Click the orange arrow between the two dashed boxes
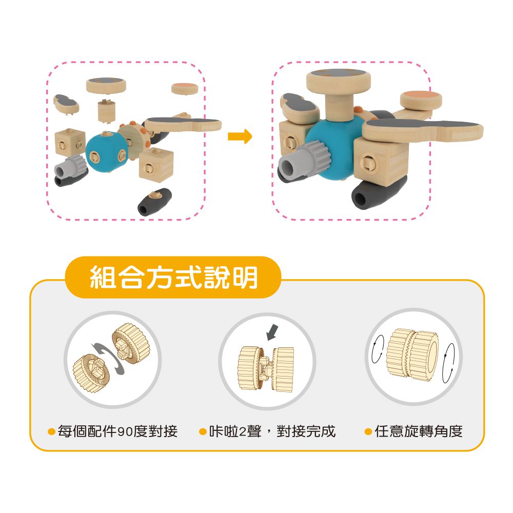click(240, 136)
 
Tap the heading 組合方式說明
click(173, 278)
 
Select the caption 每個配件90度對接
click(117, 431)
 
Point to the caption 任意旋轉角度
click(419, 431)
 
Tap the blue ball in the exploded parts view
click(105, 152)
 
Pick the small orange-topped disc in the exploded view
click(185, 88)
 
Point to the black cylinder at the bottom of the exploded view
click(155, 202)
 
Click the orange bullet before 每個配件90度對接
click(51, 432)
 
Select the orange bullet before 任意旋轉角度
click(368, 432)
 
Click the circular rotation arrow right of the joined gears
click(448, 363)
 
